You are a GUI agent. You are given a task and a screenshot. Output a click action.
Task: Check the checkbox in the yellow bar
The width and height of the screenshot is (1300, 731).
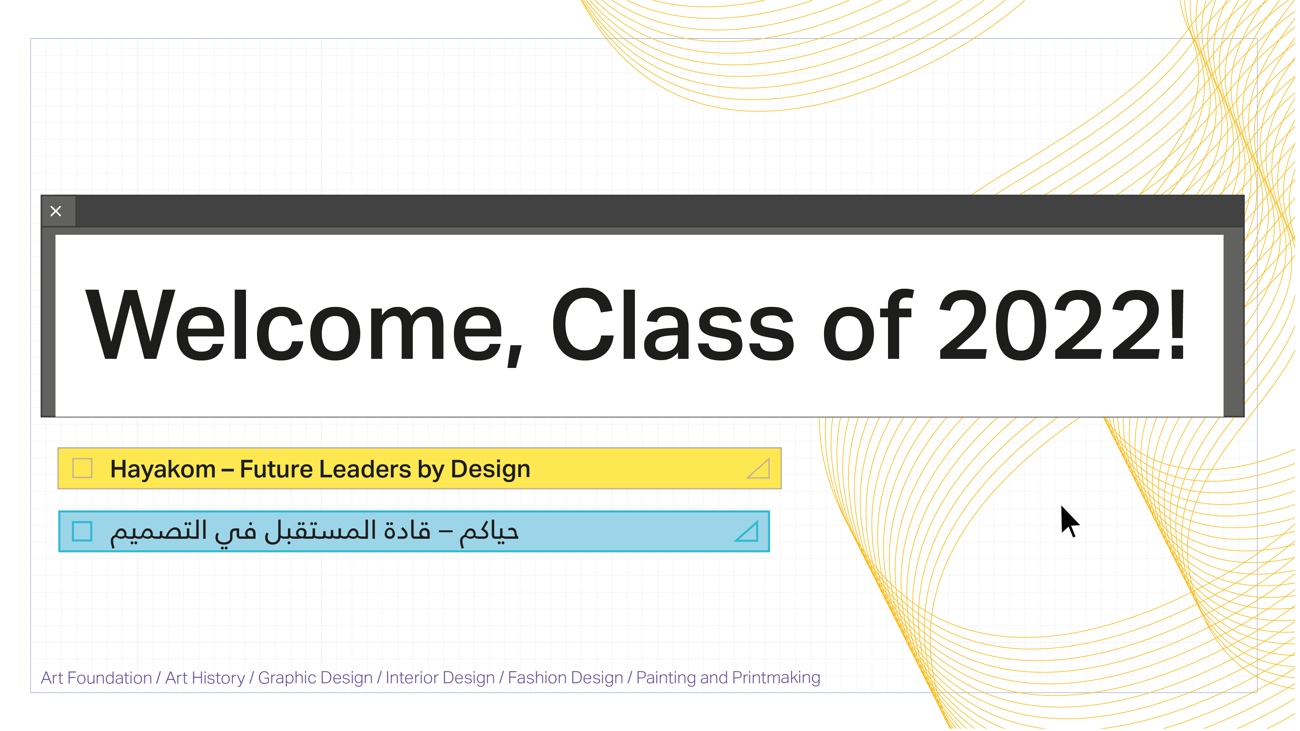coord(82,469)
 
